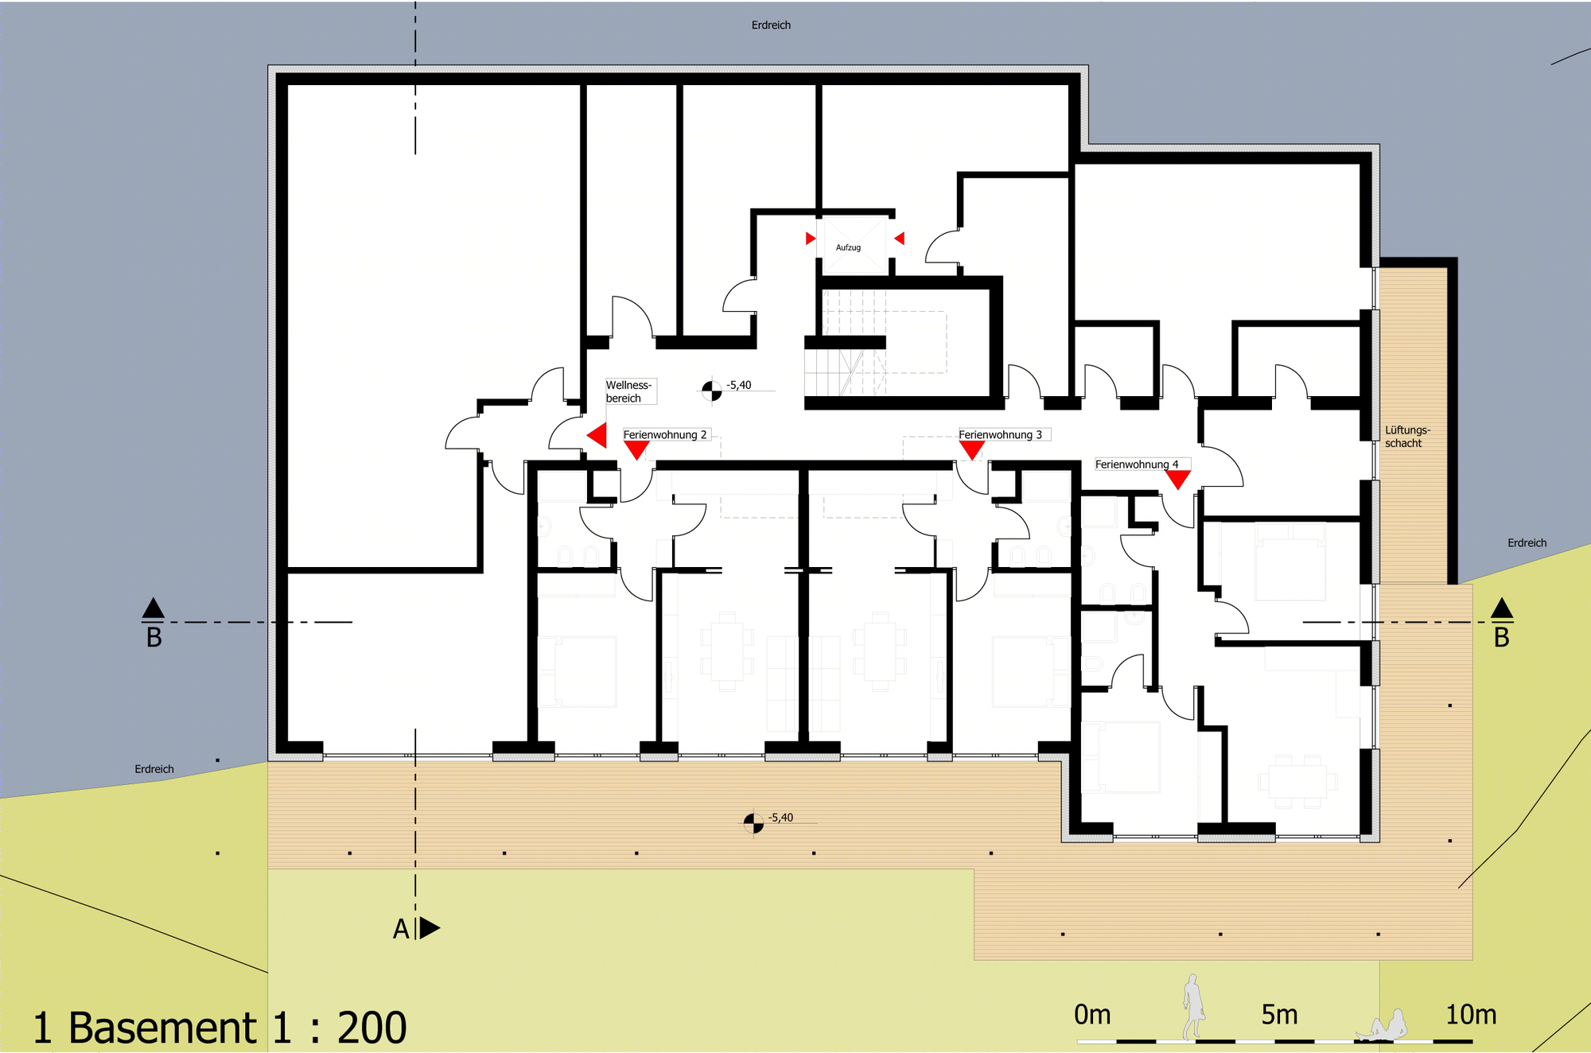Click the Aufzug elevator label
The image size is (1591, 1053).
pos(848,247)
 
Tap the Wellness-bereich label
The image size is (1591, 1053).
pos(628,391)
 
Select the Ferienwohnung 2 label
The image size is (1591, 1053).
pos(665,435)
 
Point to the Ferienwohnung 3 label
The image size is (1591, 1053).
pos(1000,435)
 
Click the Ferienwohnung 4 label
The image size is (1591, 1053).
pos(1137,464)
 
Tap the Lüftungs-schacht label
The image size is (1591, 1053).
pos(1407,437)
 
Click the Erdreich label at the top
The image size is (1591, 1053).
pos(771,25)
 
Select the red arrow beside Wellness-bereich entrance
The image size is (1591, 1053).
pos(597,436)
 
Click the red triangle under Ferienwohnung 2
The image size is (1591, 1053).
pos(636,449)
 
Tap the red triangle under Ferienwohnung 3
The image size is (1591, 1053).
pos(972,449)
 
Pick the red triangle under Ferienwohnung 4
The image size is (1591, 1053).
pos(1178,479)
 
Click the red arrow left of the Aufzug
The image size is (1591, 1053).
pos(811,239)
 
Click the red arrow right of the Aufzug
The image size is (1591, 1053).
pos(899,239)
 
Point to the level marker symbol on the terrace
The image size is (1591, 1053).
pos(753,823)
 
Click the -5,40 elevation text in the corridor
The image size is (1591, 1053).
pos(739,385)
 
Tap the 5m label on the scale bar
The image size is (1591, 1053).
pos(1279,1015)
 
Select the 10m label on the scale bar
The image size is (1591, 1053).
pos(1471,1015)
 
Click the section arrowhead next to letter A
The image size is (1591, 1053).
pos(430,927)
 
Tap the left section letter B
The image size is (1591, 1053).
pos(154,638)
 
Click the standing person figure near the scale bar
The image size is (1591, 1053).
pos(1192,1007)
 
